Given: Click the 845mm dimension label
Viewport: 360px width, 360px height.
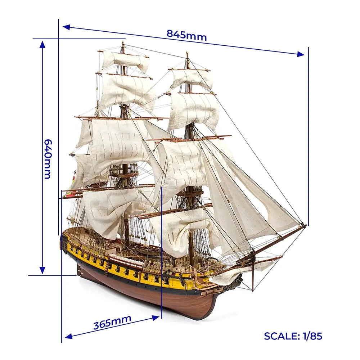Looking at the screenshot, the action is [x=186, y=35].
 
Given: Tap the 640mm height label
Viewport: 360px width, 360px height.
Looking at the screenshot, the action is [x=48, y=159].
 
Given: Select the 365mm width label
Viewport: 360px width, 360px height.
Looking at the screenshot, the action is [x=112, y=321].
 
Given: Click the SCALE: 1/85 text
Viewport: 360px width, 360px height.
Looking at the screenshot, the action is [x=293, y=336].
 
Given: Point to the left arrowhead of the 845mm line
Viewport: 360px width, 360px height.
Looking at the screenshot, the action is [x=66, y=27].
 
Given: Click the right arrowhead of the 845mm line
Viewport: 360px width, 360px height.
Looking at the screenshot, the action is [x=301, y=54].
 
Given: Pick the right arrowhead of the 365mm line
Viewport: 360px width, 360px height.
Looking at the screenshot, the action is [x=156, y=318].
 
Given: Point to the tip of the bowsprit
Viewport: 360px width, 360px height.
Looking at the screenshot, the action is [x=305, y=225].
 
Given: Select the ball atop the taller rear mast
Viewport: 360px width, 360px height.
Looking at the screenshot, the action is [x=123, y=43].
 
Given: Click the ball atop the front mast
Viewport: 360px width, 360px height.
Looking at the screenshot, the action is [x=187, y=53].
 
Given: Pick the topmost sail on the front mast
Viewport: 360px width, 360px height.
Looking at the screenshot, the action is [x=192, y=78].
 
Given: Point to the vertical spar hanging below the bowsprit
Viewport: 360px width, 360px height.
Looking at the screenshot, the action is [x=253, y=271].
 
